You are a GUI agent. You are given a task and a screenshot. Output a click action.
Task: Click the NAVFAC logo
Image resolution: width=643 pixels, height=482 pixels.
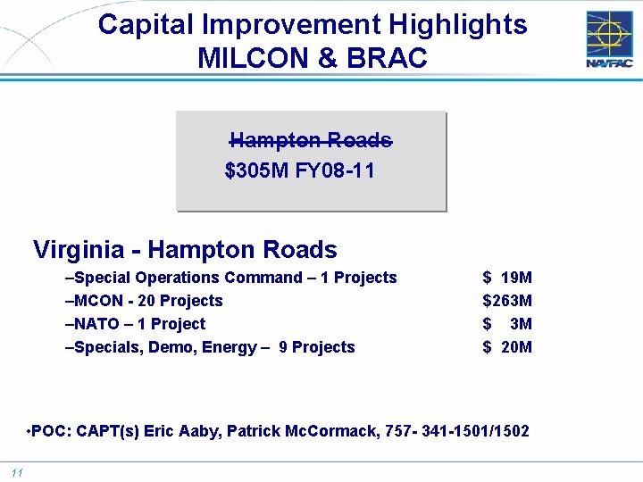(x=610, y=38)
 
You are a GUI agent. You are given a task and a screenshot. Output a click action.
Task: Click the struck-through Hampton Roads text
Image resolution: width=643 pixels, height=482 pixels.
(x=311, y=140)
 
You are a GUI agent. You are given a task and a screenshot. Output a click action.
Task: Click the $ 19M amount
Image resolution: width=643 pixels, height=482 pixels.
(x=507, y=278)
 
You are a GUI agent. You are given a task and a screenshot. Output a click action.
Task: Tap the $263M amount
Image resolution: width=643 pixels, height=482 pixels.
(x=507, y=301)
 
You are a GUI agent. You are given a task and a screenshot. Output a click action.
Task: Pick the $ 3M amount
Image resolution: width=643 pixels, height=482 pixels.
(x=507, y=324)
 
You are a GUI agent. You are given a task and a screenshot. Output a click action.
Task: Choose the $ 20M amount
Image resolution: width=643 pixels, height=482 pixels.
(x=507, y=347)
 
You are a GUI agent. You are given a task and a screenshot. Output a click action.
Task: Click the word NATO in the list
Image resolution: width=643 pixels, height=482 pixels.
(x=95, y=324)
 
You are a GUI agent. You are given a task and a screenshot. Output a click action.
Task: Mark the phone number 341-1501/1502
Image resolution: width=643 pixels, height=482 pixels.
(x=477, y=431)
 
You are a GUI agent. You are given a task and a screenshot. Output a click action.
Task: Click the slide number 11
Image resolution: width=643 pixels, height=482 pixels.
(x=17, y=472)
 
